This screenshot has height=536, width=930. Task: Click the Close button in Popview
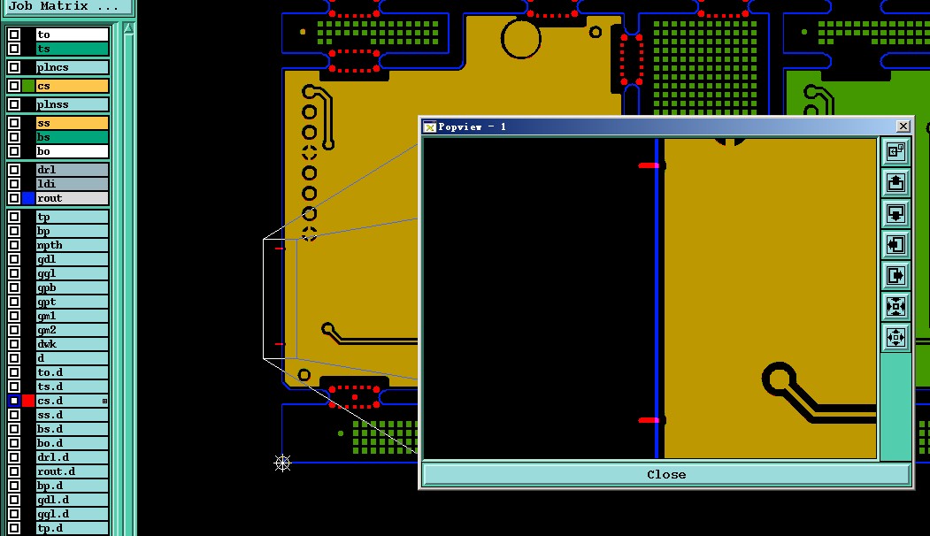tap(666, 474)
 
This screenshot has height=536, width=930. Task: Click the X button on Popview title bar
tap(903, 126)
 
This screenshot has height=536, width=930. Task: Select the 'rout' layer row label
tap(73, 198)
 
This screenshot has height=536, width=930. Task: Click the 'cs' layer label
tap(73, 86)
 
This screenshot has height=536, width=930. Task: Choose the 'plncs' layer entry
tap(73, 67)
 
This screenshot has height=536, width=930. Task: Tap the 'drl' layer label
tap(73, 170)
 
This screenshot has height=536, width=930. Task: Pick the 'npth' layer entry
tap(73, 245)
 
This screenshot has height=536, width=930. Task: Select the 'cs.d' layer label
tap(73, 401)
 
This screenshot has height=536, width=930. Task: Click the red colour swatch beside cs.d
tap(28, 401)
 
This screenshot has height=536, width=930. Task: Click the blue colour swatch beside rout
tap(28, 198)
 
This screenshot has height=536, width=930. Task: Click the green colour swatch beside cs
tap(28, 86)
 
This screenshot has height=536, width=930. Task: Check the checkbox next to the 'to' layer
tap(14, 34)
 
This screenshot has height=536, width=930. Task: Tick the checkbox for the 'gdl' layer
tap(14, 259)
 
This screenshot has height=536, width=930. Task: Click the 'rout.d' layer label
tap(73, 471)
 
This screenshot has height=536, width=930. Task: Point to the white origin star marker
tap(283, 463)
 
